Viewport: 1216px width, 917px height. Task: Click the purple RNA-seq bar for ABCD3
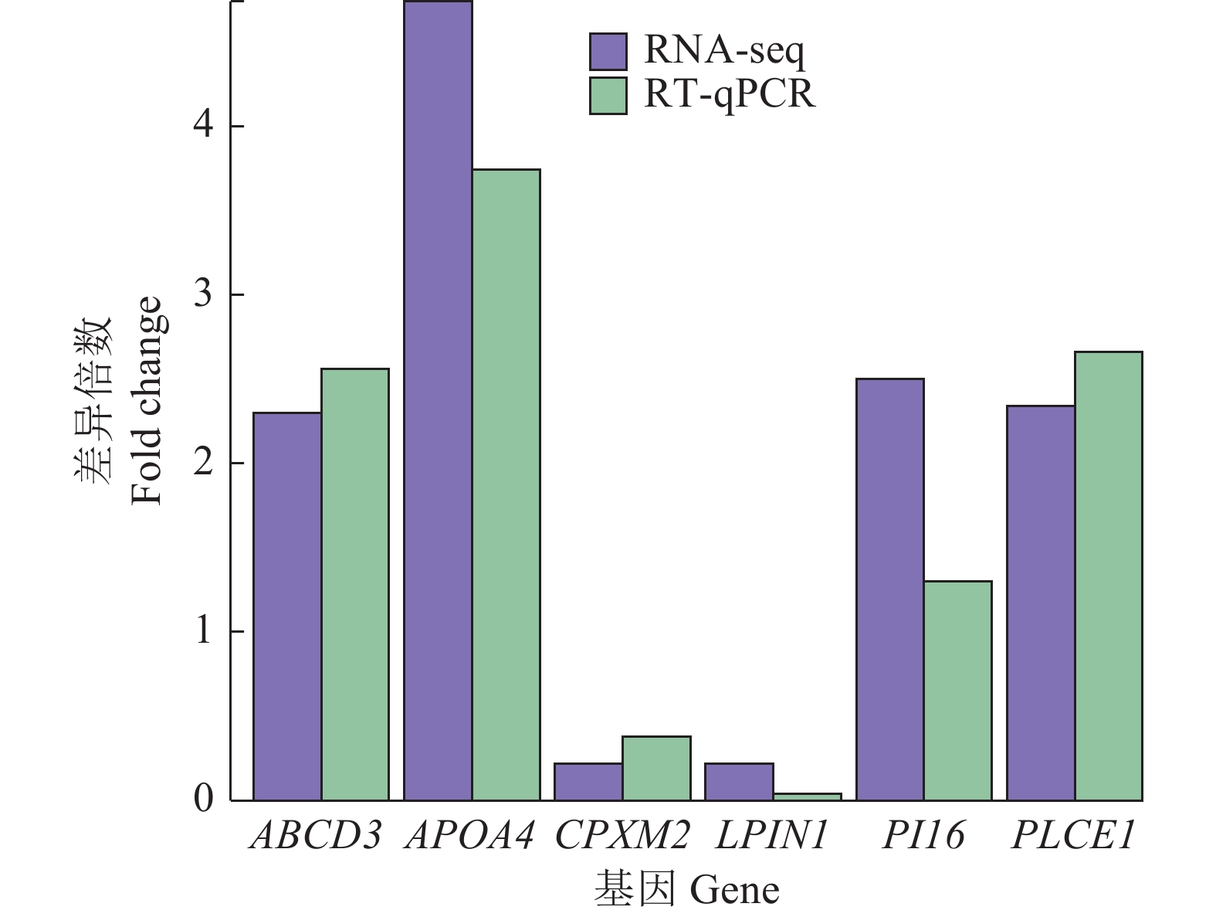(287, 606)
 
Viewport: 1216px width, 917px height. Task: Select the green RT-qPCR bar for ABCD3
(355, 585)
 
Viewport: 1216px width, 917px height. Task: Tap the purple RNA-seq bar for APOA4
(438, 401)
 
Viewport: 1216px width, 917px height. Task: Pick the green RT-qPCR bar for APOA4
(506, 484)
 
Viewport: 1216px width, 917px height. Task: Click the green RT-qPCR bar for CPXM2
(656, 768)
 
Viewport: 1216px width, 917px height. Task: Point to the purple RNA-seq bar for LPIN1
(739, 781)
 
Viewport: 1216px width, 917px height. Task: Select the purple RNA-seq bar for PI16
(890, 589)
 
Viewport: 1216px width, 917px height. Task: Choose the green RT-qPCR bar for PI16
(957, 691)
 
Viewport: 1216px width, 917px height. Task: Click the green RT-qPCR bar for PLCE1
(1108, 576)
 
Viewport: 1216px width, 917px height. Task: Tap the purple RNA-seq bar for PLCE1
(1041, 603)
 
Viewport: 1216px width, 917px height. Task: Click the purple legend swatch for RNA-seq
(608, 52)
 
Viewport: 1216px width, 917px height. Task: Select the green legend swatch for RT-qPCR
(608, 96)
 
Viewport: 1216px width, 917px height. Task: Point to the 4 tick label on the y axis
(203, 126)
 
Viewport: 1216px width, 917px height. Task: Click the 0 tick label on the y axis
(203, 799)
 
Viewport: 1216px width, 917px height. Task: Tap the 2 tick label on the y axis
(203, 463)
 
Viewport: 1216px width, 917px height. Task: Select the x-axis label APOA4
(469, 835)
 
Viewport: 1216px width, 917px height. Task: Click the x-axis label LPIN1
(772, 835)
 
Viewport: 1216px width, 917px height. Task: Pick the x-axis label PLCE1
(1073, 835)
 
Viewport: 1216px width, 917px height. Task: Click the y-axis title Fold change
(147, 400)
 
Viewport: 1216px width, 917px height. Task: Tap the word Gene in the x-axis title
(734, 890)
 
